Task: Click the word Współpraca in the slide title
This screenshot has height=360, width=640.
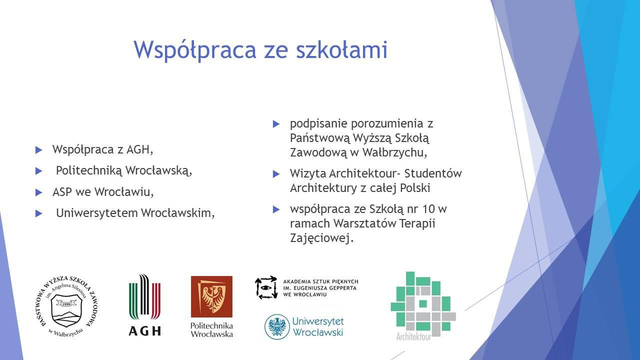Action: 195,50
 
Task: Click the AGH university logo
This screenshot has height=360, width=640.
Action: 144,305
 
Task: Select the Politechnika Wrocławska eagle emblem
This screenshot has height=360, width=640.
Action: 211,296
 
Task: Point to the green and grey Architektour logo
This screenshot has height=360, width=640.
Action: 423,306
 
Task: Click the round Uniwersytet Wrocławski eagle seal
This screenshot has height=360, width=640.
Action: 277,326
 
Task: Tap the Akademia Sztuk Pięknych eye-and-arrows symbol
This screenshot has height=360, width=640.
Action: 266,287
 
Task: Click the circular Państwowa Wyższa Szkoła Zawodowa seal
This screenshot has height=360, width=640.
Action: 67,306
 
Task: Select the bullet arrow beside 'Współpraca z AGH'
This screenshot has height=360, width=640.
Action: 38,150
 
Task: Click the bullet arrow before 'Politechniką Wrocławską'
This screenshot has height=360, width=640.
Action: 38,171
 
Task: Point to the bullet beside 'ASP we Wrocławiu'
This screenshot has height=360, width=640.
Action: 38,192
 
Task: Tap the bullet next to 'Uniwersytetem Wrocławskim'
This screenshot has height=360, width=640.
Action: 38,213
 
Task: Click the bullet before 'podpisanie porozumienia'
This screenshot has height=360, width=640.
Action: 276,124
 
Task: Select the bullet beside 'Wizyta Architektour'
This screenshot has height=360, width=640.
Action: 276,173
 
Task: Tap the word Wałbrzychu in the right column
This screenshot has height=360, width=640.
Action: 395,152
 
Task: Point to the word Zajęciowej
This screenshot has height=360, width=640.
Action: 322,238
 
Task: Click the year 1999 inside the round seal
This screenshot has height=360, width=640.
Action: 66,304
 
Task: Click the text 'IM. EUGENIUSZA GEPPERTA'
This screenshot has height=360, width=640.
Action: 320,288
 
